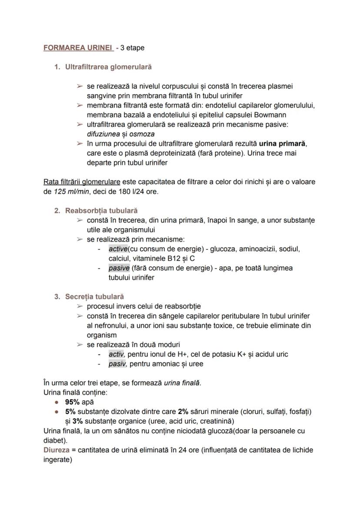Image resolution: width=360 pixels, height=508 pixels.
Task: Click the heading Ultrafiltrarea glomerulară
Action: coord(108,67)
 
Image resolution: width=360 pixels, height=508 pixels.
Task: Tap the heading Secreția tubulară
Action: coord(94,297)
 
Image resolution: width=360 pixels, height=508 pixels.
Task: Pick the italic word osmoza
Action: coord(142,134)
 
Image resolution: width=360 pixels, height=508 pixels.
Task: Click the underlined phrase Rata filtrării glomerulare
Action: coord(82,182)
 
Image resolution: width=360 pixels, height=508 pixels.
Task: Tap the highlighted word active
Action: coord(118,249)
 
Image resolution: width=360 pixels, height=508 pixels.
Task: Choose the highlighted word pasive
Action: coord(119,268)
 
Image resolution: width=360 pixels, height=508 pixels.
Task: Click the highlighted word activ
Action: coord(116,354)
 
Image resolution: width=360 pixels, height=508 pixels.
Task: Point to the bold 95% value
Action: coord(72,402)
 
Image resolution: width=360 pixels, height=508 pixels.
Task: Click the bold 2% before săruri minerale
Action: coord(183,412)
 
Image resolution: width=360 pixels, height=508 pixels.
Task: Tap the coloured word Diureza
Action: coord(57,450)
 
